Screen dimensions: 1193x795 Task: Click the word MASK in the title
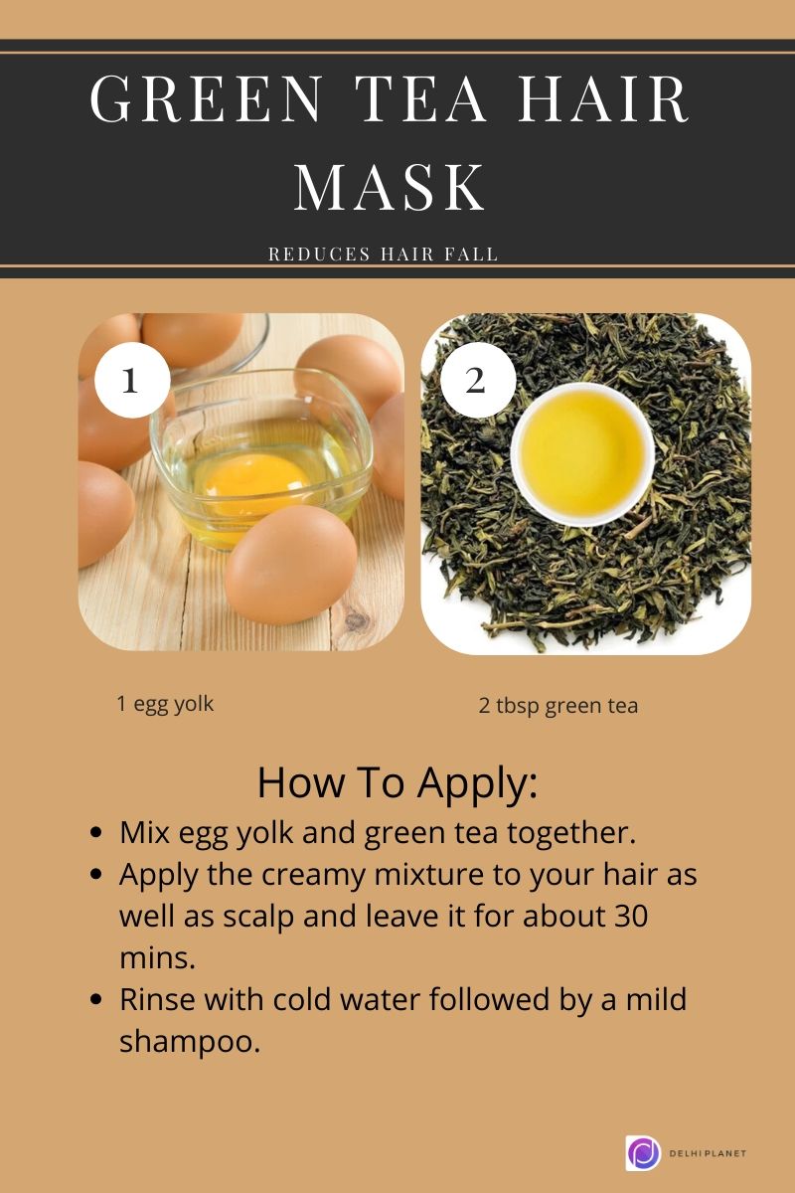click(390, 186)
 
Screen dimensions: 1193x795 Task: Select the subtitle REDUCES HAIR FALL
click(384, 255)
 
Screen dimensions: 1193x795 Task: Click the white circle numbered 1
click(129, 381)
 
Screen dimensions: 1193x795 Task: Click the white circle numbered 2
click(477, 381)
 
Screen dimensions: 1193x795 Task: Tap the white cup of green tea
click(582, 453)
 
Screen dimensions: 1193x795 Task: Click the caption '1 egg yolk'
click(165, 704)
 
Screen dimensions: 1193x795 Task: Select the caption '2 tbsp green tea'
click(558, 706)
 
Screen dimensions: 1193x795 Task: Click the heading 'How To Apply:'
click(397, 783)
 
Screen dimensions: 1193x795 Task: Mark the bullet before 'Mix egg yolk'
click(96, 833)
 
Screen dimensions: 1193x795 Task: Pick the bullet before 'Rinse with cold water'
click(96, 1000)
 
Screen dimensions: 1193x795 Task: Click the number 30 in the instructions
click(626, 915)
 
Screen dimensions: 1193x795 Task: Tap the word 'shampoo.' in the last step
click(190, 1042)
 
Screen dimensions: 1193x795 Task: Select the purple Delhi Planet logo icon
click(643, 1153)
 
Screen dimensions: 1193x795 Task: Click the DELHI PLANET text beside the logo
click(708, 1153)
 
